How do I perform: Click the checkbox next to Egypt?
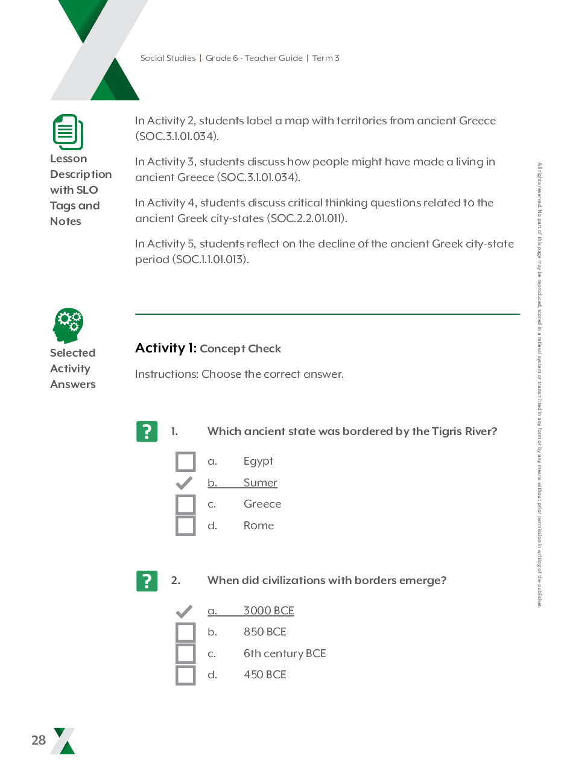point(186,462)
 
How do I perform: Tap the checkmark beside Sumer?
point(184,483)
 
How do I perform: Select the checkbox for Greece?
point(186,504)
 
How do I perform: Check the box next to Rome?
point(186,526)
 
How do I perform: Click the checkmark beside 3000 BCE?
point(184,611)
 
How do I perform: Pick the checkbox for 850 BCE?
point(186,632)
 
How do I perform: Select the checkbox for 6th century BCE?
point(186,654)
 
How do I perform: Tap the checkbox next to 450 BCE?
point(186,675)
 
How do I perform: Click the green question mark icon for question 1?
point(147,431)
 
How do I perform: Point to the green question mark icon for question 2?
point(147,581)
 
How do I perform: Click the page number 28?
point(39,740)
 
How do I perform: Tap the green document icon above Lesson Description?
point(68,132)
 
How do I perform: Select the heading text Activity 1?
point(166,348)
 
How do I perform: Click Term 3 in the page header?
point(326,59)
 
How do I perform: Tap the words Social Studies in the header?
point(168,59)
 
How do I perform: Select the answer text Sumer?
point(261,483)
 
